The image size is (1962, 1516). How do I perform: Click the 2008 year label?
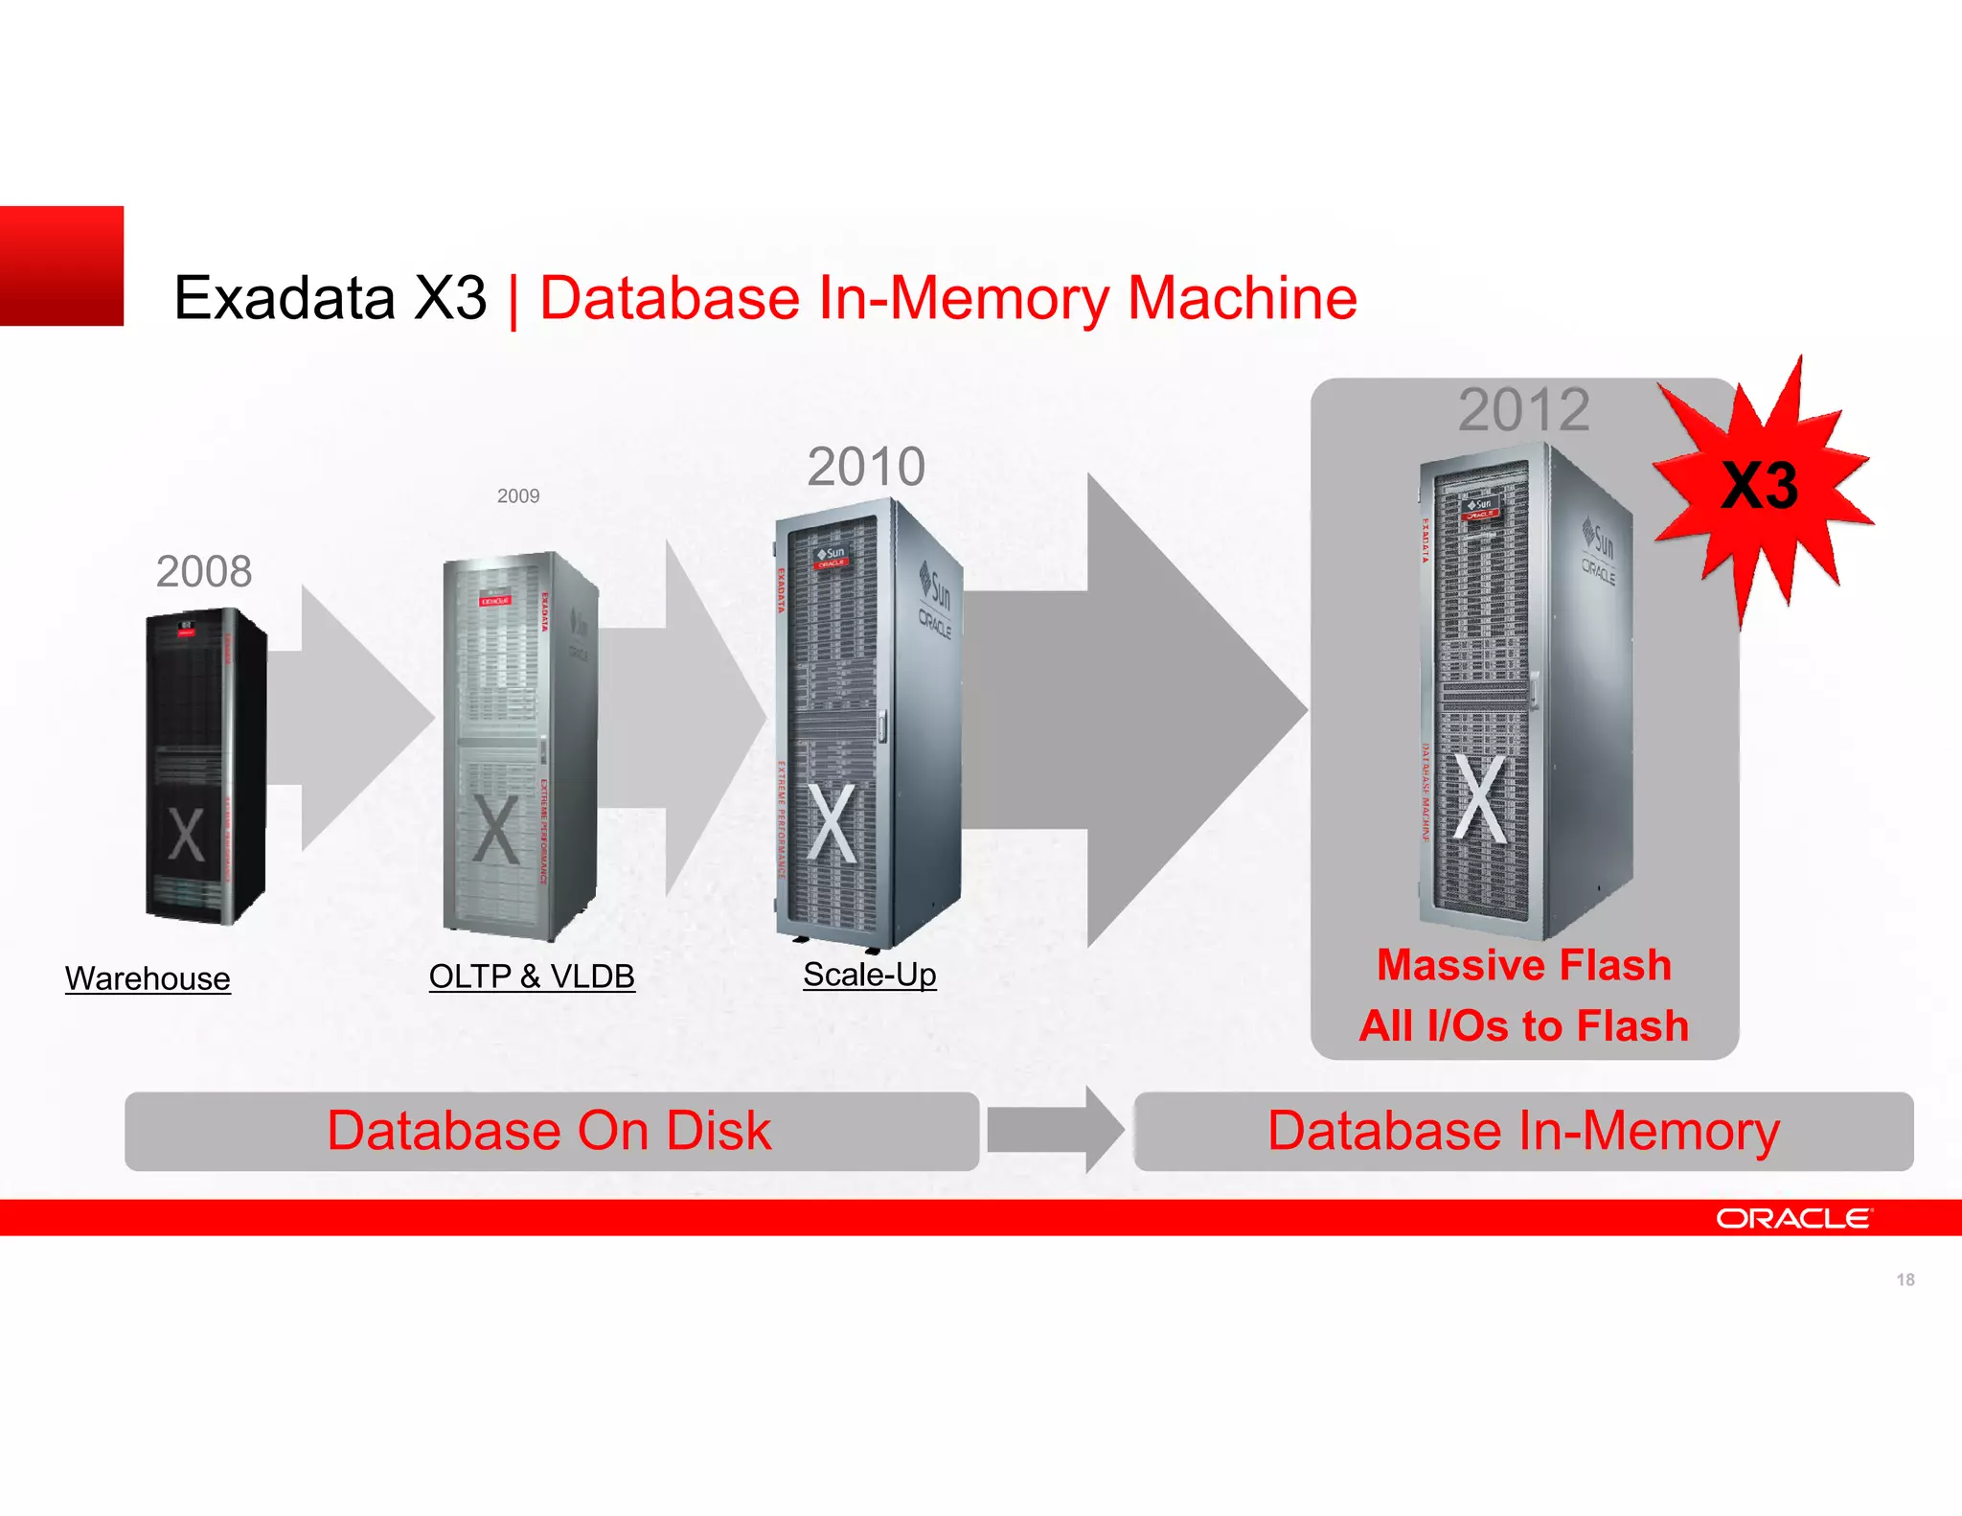204,572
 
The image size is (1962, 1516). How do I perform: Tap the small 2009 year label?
518,496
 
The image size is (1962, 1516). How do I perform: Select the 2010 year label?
866,467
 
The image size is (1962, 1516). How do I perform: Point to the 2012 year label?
1523,410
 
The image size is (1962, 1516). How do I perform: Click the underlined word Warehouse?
148,978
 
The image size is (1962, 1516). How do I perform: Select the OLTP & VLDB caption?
532,976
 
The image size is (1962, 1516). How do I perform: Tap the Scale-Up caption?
869,975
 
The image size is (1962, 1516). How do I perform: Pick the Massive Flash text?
1523,965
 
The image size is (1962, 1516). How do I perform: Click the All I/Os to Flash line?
1523,1025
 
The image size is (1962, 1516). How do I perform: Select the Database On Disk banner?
551,1131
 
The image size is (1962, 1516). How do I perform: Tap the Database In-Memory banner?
1523,1131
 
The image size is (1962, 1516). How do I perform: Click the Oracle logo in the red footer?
1792,1218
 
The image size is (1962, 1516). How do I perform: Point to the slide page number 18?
1905,1280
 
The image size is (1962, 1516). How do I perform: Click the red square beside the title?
61,265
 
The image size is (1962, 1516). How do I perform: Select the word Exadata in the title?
285,298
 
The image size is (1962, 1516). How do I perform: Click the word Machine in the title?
1242,298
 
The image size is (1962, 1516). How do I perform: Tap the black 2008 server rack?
204,767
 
